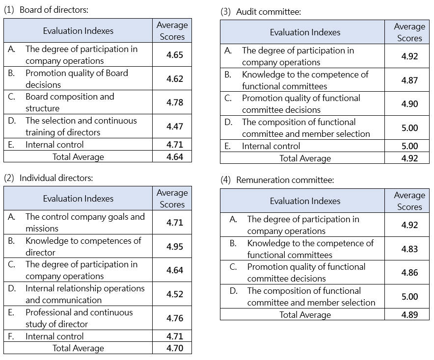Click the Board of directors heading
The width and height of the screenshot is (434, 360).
46,10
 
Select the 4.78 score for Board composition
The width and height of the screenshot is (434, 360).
174,103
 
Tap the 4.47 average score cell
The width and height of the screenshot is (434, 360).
174,127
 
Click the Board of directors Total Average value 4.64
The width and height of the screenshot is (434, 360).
174,157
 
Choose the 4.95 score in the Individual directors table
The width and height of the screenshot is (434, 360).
174,247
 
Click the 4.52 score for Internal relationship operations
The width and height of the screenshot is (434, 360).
174,294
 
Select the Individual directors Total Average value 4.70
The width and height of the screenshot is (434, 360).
174,348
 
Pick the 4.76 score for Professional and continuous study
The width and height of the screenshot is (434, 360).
174,318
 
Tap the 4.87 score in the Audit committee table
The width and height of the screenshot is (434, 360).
409,80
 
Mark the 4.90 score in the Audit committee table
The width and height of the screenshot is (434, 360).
409,104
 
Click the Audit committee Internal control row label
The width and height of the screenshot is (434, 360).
271,146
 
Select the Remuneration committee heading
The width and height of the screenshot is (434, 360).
277,180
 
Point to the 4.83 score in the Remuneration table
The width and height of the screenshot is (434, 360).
409,249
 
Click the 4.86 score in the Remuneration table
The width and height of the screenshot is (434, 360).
409,273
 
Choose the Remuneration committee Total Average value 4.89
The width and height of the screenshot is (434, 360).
409,315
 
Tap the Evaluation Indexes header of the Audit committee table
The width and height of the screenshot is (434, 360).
305,32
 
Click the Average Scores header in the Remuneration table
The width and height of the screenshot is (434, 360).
409,201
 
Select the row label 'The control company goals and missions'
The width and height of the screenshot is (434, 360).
85,223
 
